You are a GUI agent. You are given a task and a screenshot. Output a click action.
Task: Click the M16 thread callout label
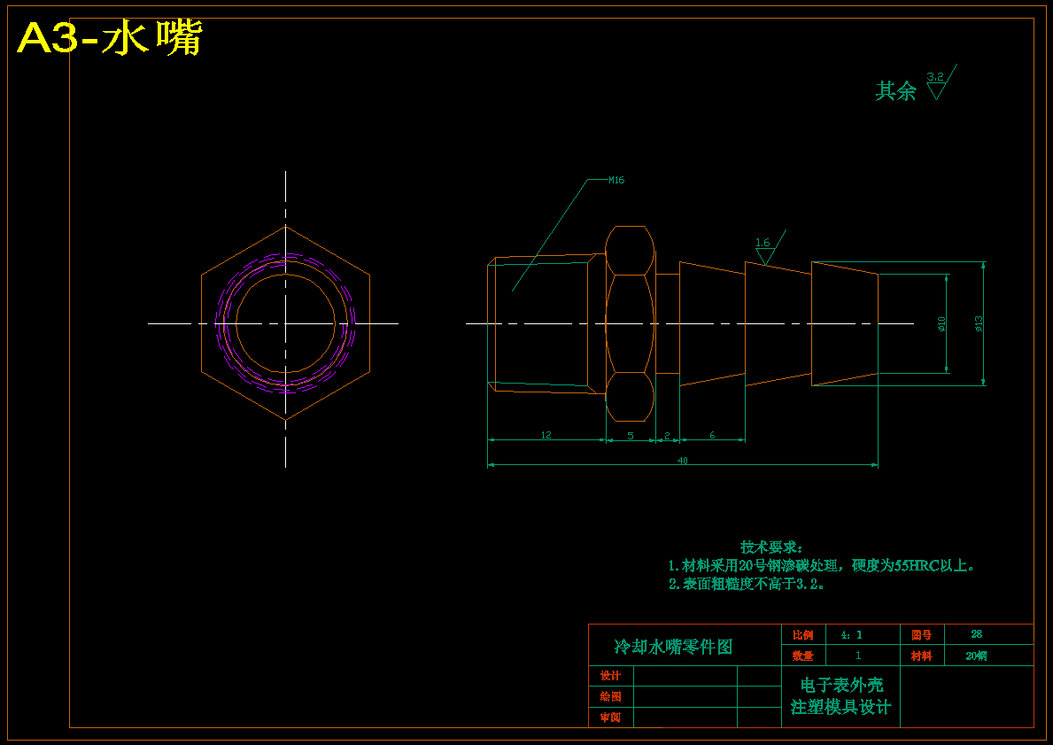(x=616, y=180)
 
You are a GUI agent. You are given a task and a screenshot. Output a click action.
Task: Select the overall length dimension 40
(x=682, y=461)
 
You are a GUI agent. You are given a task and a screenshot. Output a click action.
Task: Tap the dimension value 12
(x=546, y=435)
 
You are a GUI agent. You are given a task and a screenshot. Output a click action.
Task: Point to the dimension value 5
(x=631, y=435)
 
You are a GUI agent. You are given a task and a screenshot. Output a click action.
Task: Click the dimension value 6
(x=712, y=435)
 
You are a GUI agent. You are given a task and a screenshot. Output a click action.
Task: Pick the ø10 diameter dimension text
(x=942, y=324)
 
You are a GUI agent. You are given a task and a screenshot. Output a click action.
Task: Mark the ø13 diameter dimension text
(x=979, y=323)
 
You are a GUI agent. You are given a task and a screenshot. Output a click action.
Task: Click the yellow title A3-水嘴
(x=110, y=38)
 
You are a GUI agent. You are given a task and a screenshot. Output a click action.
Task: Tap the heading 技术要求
(x=771, y=547)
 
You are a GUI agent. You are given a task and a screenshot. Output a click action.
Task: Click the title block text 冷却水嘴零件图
(x=674, y=647)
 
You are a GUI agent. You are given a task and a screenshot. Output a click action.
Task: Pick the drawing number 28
(x=976, y=634)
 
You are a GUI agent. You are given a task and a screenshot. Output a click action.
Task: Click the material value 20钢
(x=976, y=656)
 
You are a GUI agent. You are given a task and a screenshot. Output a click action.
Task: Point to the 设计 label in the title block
(x=610, y=676)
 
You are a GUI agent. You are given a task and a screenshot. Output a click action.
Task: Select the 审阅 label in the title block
(x=610, y=718)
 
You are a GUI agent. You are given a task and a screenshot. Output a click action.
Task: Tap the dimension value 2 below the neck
(x=667, y=435)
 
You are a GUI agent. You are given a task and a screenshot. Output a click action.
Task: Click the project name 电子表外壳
(x=841, y=685)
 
